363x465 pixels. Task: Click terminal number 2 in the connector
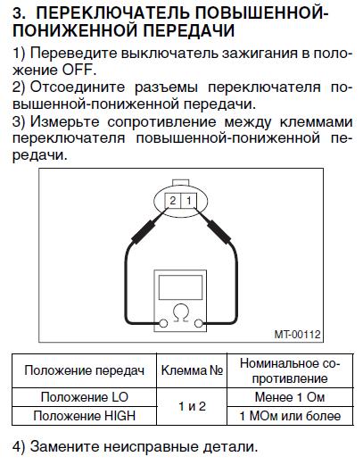click(x=172, y=201)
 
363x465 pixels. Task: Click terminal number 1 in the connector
click(x=188, y=201)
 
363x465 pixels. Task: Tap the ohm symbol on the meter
click(x=181, y=313)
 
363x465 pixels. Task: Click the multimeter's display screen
click(x=180, y=287)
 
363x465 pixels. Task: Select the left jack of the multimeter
click(x=163, y=323)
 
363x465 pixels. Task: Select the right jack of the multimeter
click(x=198, y=323)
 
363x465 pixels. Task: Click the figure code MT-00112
click(x=297, y=334)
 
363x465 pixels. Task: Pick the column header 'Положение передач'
click(x=85, y=370)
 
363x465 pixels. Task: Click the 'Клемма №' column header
click(x=192, y=370)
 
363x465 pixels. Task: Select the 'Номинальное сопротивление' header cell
click(x=290, y=370)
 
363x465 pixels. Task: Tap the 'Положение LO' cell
click(x=85, y=397)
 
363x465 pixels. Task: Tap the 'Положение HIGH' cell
click(x=85, y=416)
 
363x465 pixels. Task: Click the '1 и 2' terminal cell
click(x=192, y=406)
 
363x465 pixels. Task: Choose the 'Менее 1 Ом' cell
click(x=290, y=397)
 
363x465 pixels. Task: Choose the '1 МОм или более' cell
click(x=290, y=416)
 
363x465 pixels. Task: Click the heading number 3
click(x=20, y=13)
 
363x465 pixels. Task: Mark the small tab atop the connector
click(x=181, y=183)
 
